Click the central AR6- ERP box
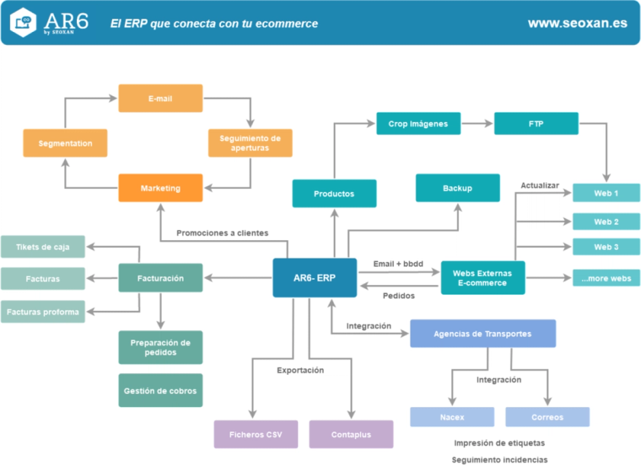click(x=314, y=278)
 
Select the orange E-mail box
click(x=160, y=99)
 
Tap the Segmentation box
click(x=65, y=144)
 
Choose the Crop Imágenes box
click(x=418, y=124)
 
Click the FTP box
click(x=536, y=124)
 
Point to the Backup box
click(x=457, y=188)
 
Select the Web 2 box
click(x=606, y=222)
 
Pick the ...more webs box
click(x=606, y=278)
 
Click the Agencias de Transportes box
click(x=483, y=334)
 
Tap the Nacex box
click(x=452, y=417)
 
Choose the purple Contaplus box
click(x=351, y=434)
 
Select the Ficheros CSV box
click(x=256, y=434)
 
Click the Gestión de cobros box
click(x=160, y=390)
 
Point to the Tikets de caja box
click(x=42, y=246)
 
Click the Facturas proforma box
click(x=42, y=312)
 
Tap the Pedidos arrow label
click(x=399, y=295)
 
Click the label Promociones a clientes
click(x=222, y=233)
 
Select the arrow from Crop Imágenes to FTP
click(x=477, y=124)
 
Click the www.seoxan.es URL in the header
click(x=577, y=23)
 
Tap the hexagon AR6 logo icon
click(x=24, y=22)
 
